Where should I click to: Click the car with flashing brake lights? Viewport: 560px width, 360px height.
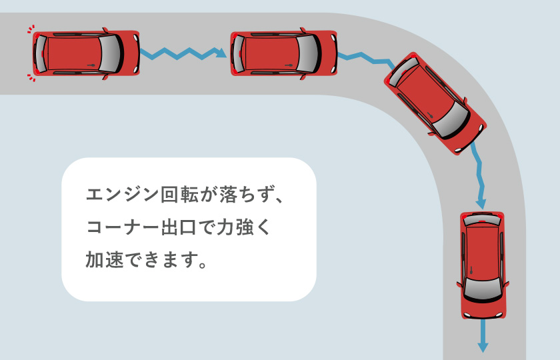(85, 53)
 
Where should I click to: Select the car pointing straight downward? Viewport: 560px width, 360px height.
(482, 265)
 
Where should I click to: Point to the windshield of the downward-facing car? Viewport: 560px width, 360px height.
(482, 288)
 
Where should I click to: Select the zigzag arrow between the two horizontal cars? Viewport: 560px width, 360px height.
(181, 53)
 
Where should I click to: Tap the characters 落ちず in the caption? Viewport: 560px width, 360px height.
(242, 196)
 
